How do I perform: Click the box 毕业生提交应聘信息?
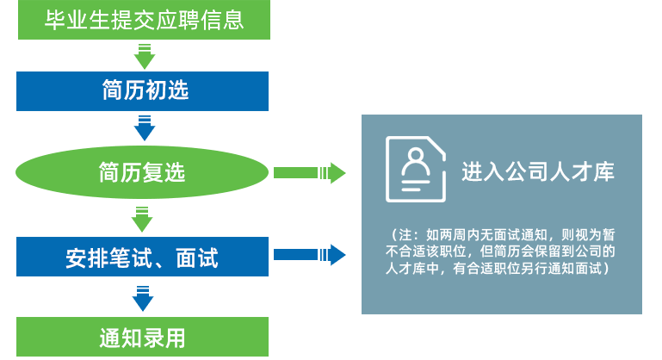(144, 20)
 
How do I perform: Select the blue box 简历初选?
(143, 90)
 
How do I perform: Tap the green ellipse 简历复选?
(143, 174)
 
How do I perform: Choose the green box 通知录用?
(143, 337)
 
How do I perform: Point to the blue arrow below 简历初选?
(144, 128)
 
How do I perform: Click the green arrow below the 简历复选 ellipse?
(144, 217)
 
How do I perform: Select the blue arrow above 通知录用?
(144, 297)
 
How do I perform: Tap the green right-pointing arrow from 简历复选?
(310, 174)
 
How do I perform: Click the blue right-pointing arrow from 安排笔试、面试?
(310, 255)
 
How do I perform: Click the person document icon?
(416, 170)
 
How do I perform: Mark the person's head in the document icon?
(416, 158)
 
